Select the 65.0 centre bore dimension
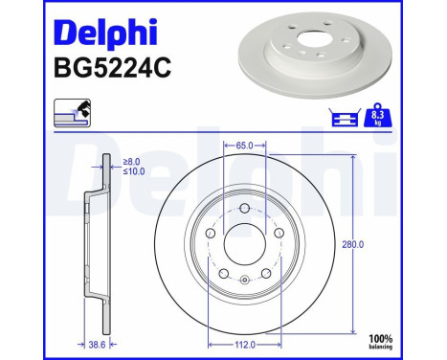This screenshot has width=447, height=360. click(244, 146)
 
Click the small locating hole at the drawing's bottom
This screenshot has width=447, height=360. click(244, 280)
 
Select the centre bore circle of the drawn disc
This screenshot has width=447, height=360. click(244, 245)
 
